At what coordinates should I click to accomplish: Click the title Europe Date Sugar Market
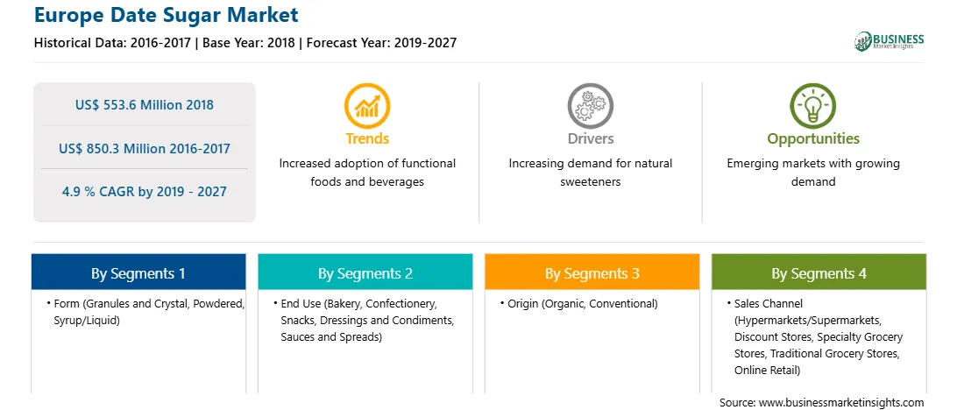[x=166, y=15]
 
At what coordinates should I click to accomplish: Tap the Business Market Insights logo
[x=889, y=41]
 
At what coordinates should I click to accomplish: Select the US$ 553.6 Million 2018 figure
[x=145, y=105]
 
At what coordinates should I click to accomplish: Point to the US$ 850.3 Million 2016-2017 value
[x=145, y=148]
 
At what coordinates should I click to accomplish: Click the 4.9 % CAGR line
[x=145, y=192]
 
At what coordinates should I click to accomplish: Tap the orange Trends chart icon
[x=367, y=106]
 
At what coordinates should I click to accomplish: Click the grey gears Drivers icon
[x=590, y=106]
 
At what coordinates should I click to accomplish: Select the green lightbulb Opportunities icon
[x=813, y=106]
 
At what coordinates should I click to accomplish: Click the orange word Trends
[x=367, y=138]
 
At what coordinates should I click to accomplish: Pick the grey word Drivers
[x=590, y=138]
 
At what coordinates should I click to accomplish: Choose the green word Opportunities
[x=813, y=139]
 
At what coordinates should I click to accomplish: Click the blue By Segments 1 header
[x=138, y=272]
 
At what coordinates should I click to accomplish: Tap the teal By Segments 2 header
[x=365, y=272]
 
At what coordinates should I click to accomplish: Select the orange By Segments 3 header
[x=592, y=272]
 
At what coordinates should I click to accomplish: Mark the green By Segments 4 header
[x=819, y=272]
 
